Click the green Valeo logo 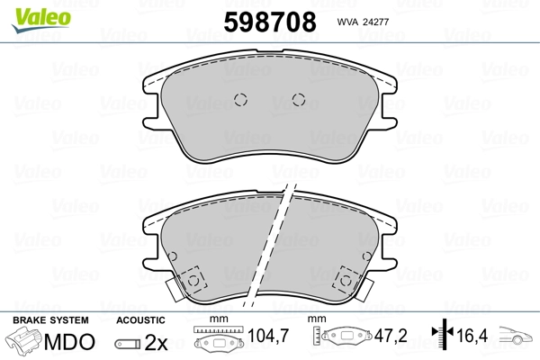(41, 20)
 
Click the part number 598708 (270, 22)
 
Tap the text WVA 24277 (363, 22)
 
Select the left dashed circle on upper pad (240, 100)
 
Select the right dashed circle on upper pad (299, 100)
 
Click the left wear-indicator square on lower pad (193, 280)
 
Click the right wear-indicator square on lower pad (346, 280)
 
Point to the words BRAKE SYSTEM (50, 320)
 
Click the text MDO (69, 342)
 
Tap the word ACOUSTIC (140, 320)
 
